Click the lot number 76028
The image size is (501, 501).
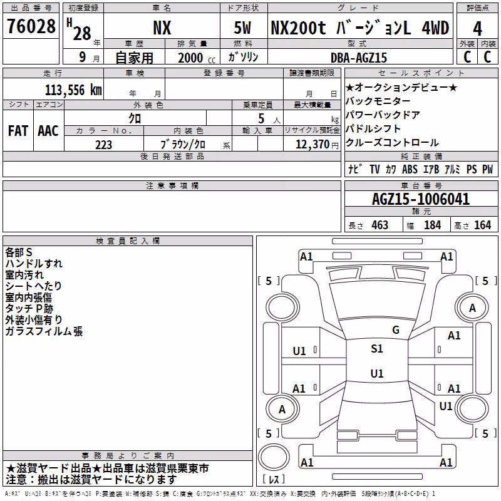[31, 26]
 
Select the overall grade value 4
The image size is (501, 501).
[477, 29]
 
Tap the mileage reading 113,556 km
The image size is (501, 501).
[73, 90]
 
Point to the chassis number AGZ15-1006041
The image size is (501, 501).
[421, 199]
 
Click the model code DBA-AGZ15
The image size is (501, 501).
[359, 58]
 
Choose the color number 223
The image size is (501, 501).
[103, 145]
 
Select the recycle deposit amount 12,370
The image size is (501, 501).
[312, 145]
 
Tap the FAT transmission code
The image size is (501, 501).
[18, 131]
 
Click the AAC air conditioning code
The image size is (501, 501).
[48, 131]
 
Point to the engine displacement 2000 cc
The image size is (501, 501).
[197, 58]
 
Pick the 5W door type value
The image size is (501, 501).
[242, 28]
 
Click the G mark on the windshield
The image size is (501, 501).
[396, 330]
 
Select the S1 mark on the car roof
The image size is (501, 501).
[377, 349]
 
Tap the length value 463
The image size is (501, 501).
[380, 225]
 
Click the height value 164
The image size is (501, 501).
[482, 225]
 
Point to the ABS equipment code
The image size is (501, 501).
[410, 169]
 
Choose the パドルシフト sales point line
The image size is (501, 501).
[373, 129]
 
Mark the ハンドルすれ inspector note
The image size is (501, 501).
[34, 264]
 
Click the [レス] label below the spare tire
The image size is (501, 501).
[274, 479]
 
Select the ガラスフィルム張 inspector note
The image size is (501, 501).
[44, 331]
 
